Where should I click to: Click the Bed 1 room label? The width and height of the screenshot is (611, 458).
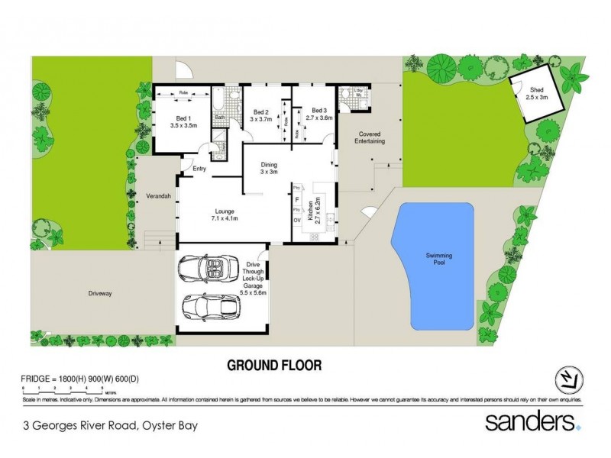click(182, 122)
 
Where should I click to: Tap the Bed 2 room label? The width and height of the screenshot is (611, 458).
click(262, 114)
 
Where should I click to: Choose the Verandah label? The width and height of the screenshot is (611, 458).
click(157, 196)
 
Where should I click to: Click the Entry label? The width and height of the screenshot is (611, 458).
click(200, 169)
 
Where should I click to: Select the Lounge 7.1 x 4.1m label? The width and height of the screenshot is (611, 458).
click(224, 214)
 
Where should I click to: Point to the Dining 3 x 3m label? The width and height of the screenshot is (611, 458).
click(268, 168)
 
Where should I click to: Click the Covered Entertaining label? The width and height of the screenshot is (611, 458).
click(367, 137)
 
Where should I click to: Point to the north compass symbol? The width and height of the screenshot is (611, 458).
click(566, 379)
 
